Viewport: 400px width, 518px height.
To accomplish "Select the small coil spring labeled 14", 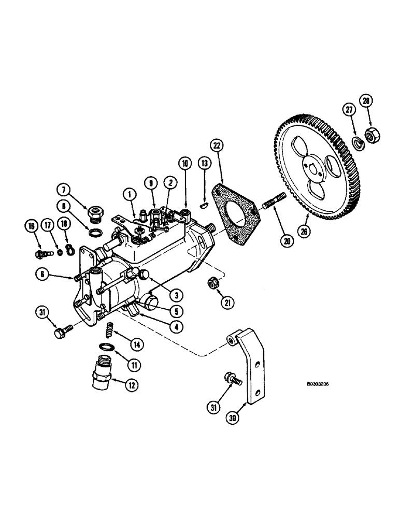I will [110, 329].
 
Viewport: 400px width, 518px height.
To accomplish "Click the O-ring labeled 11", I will [106, 347].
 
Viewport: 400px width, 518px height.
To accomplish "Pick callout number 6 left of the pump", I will [42, 275].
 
